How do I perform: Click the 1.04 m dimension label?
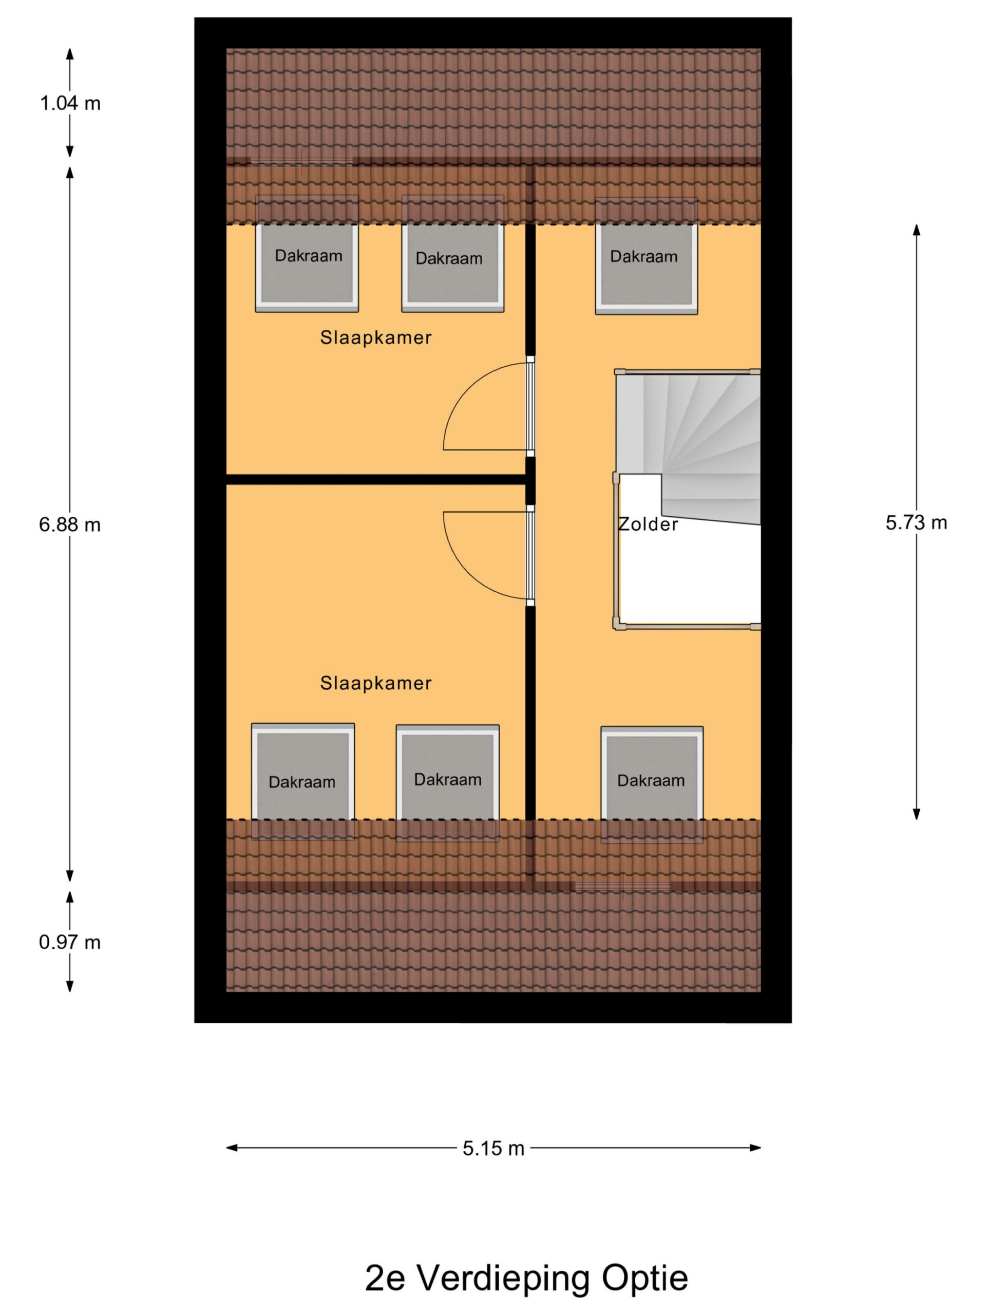coord(70,103)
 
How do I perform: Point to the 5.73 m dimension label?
coord(916,522)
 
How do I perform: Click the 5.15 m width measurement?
coord(494,1149)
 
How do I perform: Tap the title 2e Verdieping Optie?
coord(526,1278)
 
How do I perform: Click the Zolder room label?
coord(648,524)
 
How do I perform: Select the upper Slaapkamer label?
coord(375,337)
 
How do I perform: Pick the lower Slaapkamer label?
coord(375,683)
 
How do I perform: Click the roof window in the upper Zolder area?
coord(647,256)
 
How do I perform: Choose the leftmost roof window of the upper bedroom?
coord(307,254)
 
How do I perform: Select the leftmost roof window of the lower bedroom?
coord(303,781)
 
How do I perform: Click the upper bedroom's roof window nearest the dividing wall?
coord(453,254)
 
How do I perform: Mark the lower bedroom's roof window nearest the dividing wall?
coord(447,782)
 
